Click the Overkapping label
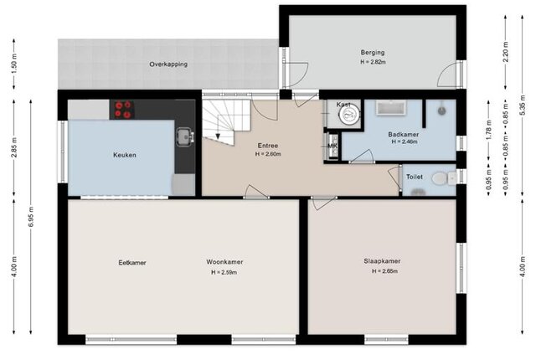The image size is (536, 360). pos(168,64)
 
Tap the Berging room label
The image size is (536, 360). pos(373,52)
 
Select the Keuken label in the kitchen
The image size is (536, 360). pos(125,155)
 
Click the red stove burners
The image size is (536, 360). pos(123,110)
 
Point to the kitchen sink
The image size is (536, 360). pos(185,137)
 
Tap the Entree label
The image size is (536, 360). pos(268,146)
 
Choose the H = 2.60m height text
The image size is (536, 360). pos(268,154)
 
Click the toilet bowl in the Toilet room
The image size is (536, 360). pos(441,178)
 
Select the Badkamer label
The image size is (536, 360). pos(404,134)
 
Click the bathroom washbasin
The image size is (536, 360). pos(391,108)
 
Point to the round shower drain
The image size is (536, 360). pos(442,111)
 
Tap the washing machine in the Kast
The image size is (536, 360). pos(349,114)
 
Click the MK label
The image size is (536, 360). pos(332,147)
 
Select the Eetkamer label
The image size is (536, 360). pos(132,263)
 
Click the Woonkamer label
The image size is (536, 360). pos(224,262)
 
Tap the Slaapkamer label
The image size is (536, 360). pos(382,261)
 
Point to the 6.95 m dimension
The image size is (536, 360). pos(31,217)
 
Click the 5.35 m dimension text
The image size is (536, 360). pos(522,105)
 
